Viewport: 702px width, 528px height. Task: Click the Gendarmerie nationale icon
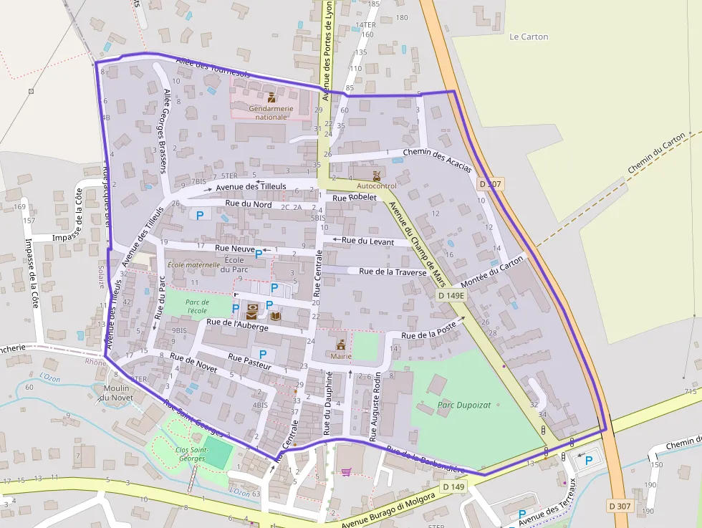point(271,97)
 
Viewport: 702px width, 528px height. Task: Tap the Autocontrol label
point(376,186)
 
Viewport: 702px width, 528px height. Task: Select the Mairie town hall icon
point(341,343)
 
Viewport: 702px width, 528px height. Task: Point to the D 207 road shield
point(491,184)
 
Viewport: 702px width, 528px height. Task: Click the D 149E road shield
point(451,295)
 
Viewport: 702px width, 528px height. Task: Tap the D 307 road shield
point(620,506)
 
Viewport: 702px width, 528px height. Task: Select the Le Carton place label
point(529,37)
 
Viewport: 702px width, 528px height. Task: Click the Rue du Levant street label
point(367,241)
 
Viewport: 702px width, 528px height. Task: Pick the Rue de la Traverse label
point(393,272)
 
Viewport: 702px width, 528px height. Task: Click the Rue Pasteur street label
point(249,361)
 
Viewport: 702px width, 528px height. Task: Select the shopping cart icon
point(347,471)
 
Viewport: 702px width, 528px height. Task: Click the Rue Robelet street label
point(354,197)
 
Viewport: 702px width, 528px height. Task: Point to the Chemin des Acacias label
point(437,160)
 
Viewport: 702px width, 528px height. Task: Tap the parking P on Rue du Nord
point(200,214)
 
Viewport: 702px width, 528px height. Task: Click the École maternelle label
point(193,264)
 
